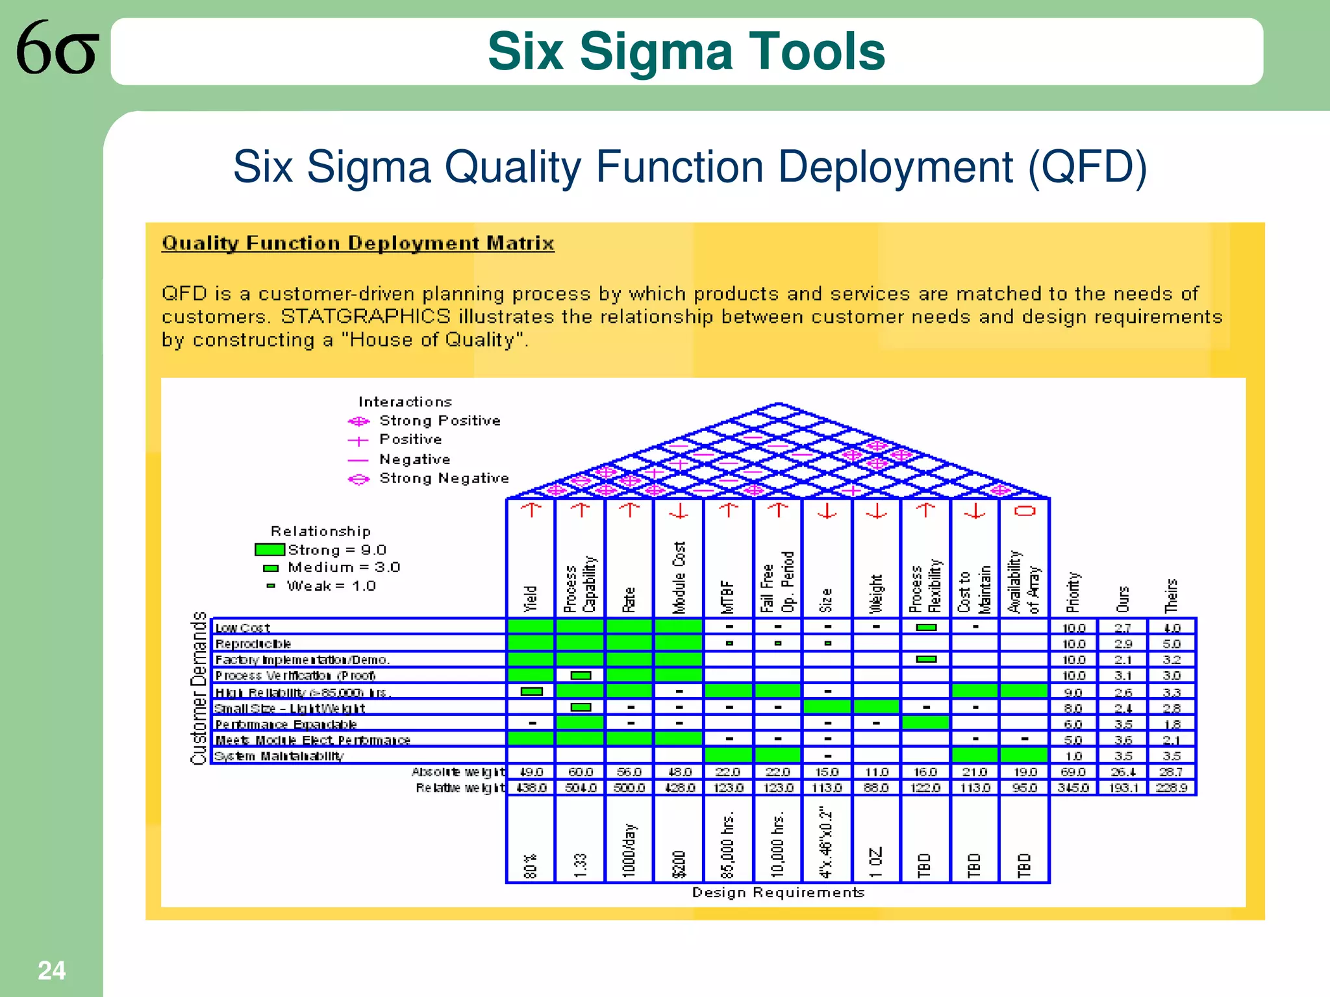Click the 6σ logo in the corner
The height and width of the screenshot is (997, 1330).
[x=57, y=47]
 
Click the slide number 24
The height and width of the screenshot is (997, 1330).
[x=51, y=970]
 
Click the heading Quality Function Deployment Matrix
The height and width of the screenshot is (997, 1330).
[x=358, y=243]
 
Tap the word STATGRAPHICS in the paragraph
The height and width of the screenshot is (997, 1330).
[x=366, y=317]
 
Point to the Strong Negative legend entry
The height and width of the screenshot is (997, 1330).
[x=444, y=478]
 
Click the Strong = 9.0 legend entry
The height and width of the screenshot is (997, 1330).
[x=336, y=550]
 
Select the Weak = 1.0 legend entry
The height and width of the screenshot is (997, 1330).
[x=331, y=586]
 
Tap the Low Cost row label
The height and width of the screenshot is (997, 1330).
[x=242, y=628]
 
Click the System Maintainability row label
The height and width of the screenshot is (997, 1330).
[x=279, y=756]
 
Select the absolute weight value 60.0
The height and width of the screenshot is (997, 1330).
[x=581, y=772]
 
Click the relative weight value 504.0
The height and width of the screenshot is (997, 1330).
[x=581, y=787]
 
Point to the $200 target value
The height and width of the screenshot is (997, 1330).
[x=679, y=864]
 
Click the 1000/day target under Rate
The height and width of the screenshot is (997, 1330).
[x=629, y=850]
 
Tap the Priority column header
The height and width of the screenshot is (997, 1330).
[x=1073, y=592]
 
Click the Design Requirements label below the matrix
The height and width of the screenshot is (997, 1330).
[x=778, y=892]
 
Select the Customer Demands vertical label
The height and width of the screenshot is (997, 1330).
[x=199, y=688]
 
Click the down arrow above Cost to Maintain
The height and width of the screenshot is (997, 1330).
[x=975, y=511]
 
